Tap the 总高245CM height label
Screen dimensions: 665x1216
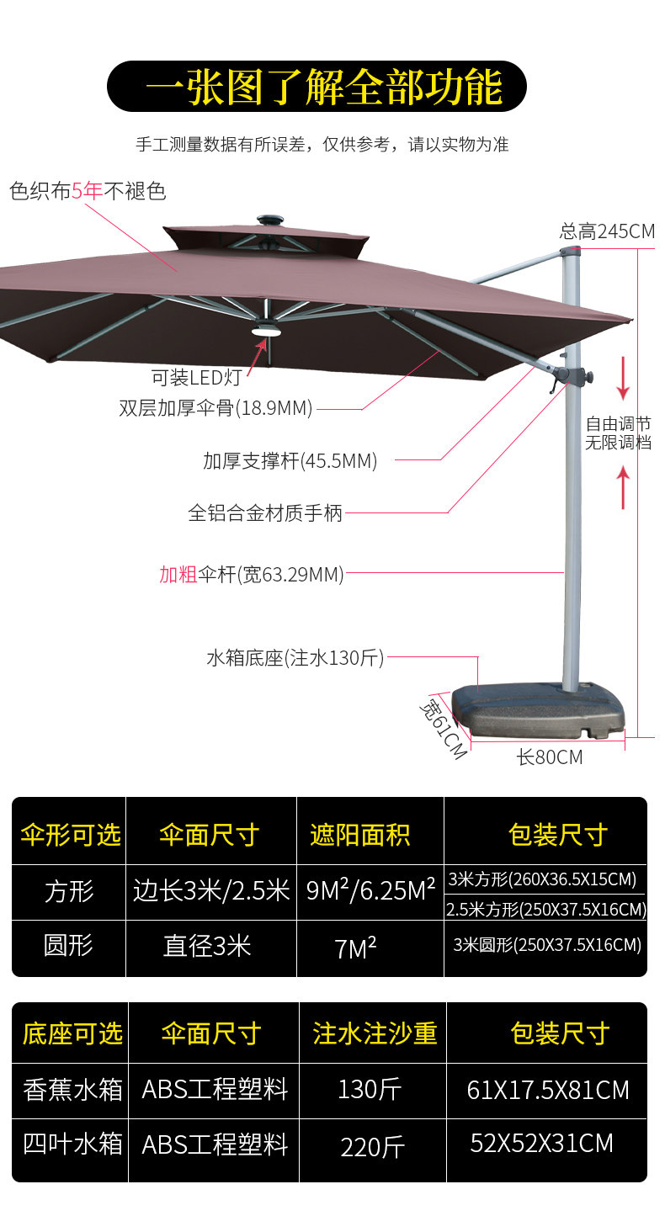tap(606, 231)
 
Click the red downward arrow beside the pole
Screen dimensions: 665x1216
tap(623, 378)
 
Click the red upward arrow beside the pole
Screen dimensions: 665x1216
tap(623, 488)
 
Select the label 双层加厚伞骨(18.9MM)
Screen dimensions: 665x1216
tap(215, 409)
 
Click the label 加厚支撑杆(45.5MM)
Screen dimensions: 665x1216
tap(290, 460)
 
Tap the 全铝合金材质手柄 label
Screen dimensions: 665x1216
tap(265, 512)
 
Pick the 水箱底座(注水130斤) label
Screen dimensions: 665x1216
tap(295, 658)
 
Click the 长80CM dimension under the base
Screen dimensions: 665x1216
tap(549, 757)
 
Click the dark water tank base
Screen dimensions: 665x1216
tap(539, 711)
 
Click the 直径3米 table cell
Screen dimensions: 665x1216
tap(207, 947)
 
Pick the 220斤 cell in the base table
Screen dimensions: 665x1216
tap(372, 1146)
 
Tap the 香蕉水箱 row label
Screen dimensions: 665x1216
tap(72, 1090)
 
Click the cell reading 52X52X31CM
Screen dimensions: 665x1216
tap(541, 1144)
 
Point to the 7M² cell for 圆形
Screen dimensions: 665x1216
tap(355, 949)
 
